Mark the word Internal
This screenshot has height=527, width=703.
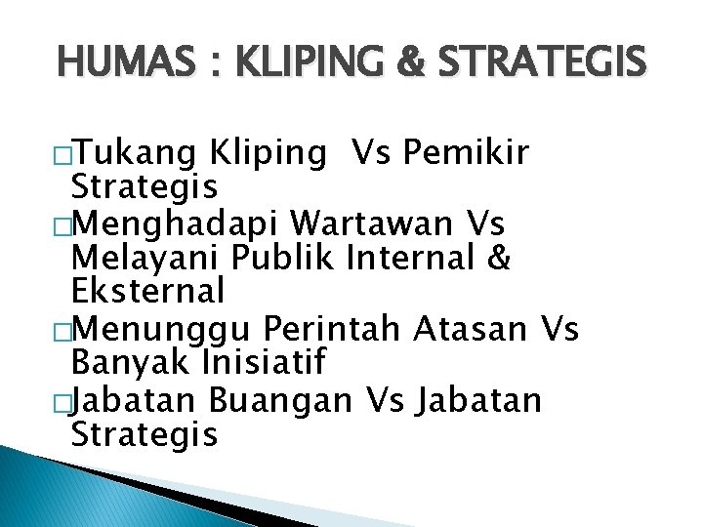pyautogui.click(x=417, y=259)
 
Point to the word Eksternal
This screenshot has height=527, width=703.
pyautogui.click(x=147, y=290)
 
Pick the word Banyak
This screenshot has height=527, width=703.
pyautogui.click(x=131, y=363)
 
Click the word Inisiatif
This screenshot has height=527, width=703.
pyautogui.click(x=263, y=362)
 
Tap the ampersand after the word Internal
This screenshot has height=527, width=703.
pyautogui.click(x=501, y=259)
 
